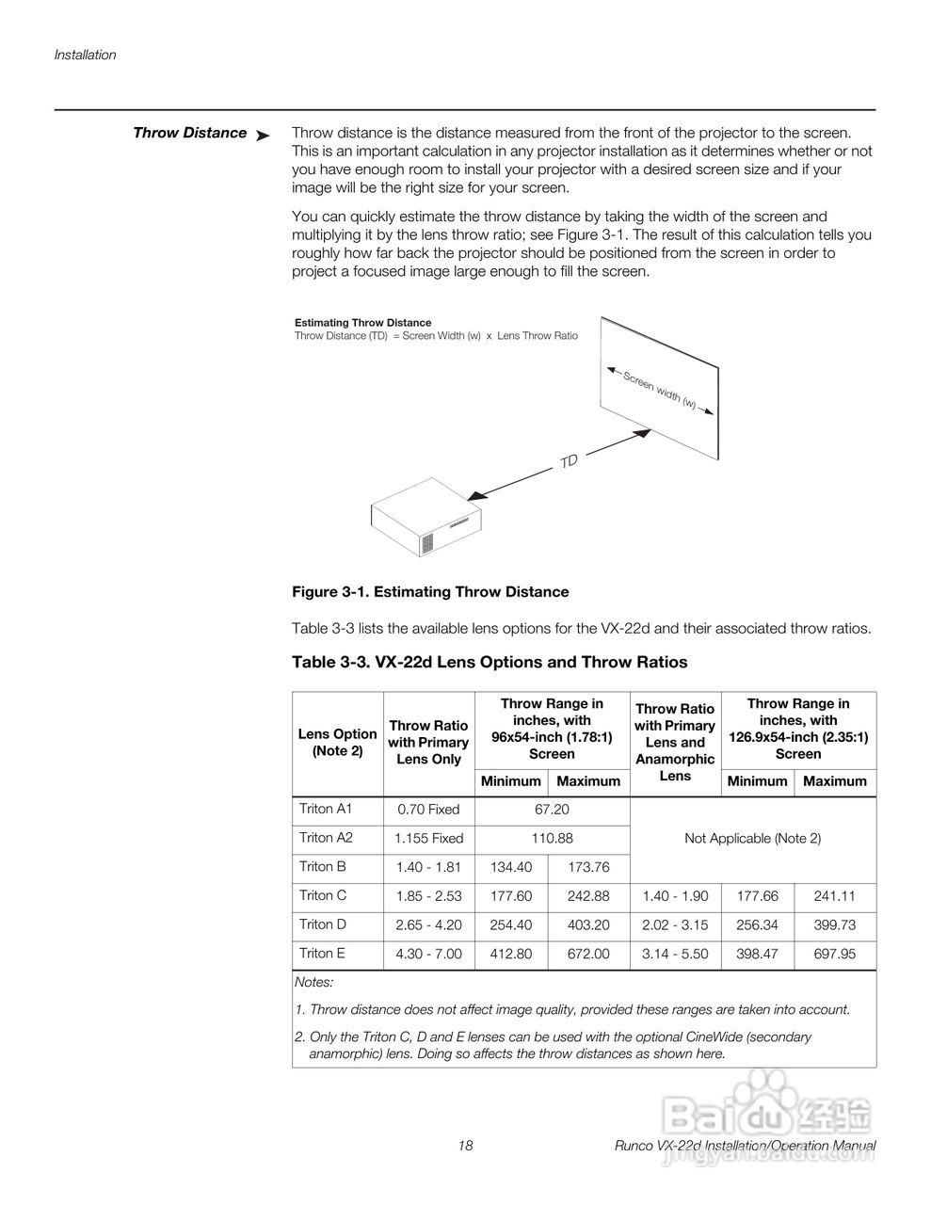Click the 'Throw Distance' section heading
[189, 133]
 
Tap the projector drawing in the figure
[426, 520]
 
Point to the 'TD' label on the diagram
[569, 460]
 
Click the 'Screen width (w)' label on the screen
[660, 389]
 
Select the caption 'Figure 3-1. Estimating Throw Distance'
[430, 592]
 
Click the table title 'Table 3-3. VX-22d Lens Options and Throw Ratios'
[490, 662]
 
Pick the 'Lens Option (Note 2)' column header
[337, 743]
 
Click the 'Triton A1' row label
[325, 809]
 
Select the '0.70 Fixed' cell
[428, 810]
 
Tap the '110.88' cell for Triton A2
[552, 838]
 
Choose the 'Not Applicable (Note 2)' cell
[752, 838]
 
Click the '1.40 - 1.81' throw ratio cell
[428, 867]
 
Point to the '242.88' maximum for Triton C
[588, 896]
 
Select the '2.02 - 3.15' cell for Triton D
[675, 925]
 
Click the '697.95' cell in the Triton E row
[834, 954]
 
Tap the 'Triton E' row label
[322, 954]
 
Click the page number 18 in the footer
[465, 1146]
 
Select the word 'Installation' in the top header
[85, 55]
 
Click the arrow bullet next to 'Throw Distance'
[263, 136]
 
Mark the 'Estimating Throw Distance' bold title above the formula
[362, 323]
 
